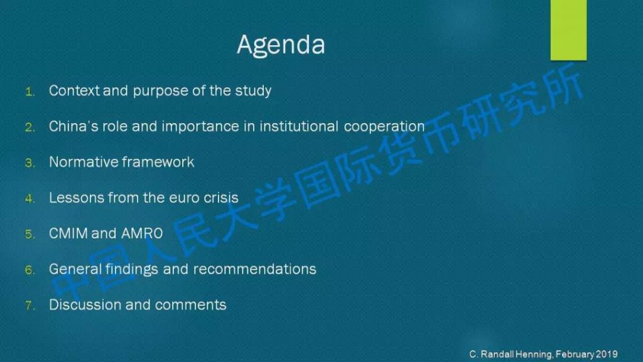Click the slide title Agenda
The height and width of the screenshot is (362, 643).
click(x=281, y=45)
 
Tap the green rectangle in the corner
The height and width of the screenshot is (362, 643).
click(x=568, y=30)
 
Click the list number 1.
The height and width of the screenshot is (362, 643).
click(x=30, y=92)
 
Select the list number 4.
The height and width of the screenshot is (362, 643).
click(x=30, y=199)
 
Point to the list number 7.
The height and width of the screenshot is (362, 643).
click(x=30, y=305)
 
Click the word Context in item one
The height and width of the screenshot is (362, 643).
click(x=74, y=90)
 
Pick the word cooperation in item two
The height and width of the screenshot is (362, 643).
click(x=384, y=127)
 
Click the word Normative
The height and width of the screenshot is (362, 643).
click(x=84, y=162)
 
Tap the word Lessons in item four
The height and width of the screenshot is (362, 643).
click(x=77, y=197)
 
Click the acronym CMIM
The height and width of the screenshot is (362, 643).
click(x=68, y=233)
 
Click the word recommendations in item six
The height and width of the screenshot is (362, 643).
click(x=255, y=269)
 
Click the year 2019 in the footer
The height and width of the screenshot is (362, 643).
click(x=607, y=354)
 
